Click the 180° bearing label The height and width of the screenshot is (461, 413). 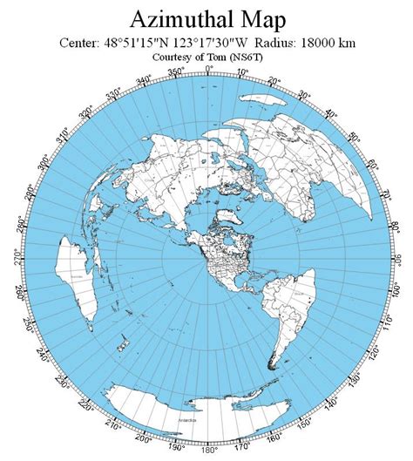point(206,452)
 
